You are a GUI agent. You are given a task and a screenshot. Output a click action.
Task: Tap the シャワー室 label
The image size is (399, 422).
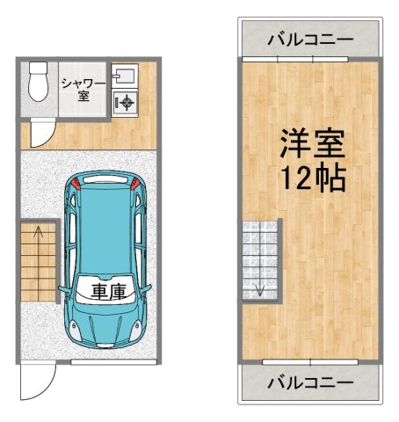click(x=83, y=89)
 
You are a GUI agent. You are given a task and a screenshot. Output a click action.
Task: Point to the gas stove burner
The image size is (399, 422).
click(x=127, y=104)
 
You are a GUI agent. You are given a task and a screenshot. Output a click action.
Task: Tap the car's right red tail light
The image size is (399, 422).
click(x=134, y=184)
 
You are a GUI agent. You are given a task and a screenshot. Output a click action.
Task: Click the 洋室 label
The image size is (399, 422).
click(x=312, y=143)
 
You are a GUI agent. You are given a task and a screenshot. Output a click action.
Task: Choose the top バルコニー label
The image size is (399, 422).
click(x=310, y=39)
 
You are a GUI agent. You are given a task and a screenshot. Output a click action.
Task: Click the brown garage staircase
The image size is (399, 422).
click(x=37, y=259)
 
